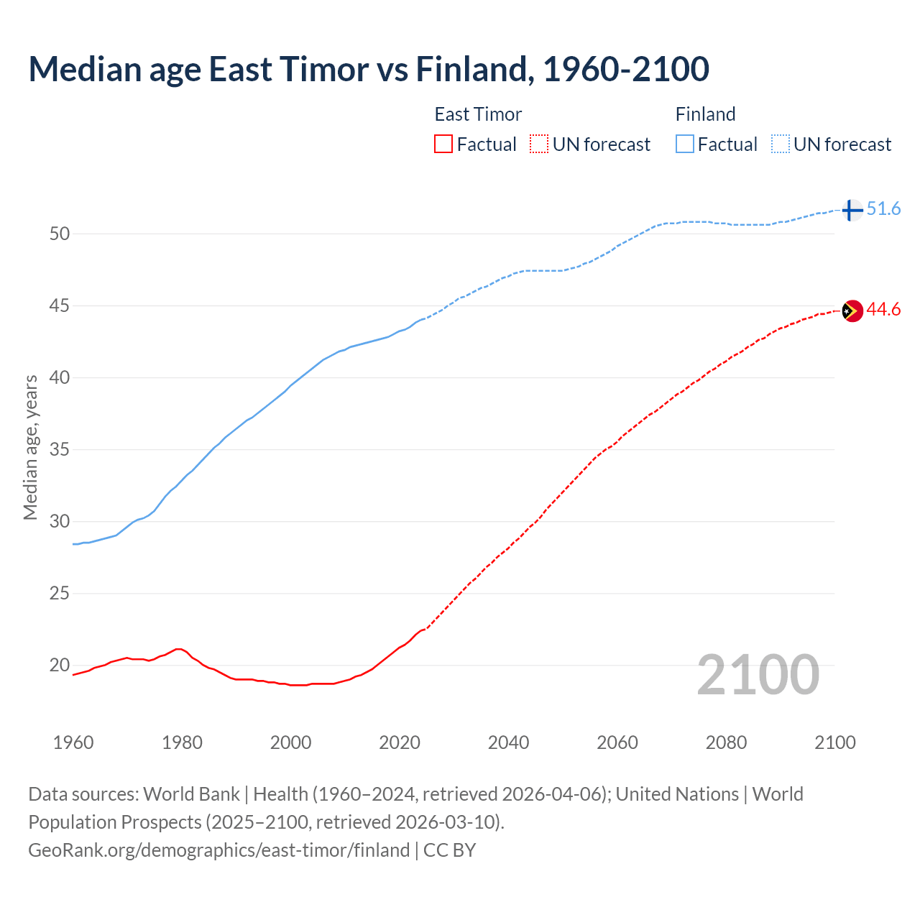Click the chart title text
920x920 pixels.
pos(369,69)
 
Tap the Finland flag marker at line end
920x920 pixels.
pos(852,210)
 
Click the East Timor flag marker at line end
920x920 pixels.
pos(852,310)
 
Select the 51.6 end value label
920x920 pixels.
pos(883,209)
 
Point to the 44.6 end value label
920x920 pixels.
pos(883,310)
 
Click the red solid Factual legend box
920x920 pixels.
pos(443,144)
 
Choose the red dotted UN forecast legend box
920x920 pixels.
pos(539,144)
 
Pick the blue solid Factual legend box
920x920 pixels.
pos(685,144)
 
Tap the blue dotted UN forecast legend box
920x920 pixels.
pos(781,144)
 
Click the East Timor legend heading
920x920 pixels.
pos(478,114)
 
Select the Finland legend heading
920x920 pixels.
pos(705,114)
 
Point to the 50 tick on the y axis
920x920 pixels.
pos(60,234)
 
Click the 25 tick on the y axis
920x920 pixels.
pos(60,594)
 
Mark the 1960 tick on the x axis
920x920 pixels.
pos(73,742)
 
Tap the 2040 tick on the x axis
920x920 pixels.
pos(508,742)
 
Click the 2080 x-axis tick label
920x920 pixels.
pos(726,742)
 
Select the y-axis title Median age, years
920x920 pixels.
pos(30,447)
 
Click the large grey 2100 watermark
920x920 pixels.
pos(758,674)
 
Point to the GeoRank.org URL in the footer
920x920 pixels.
pos(218,850)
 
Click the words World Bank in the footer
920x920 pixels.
pos(191,794)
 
